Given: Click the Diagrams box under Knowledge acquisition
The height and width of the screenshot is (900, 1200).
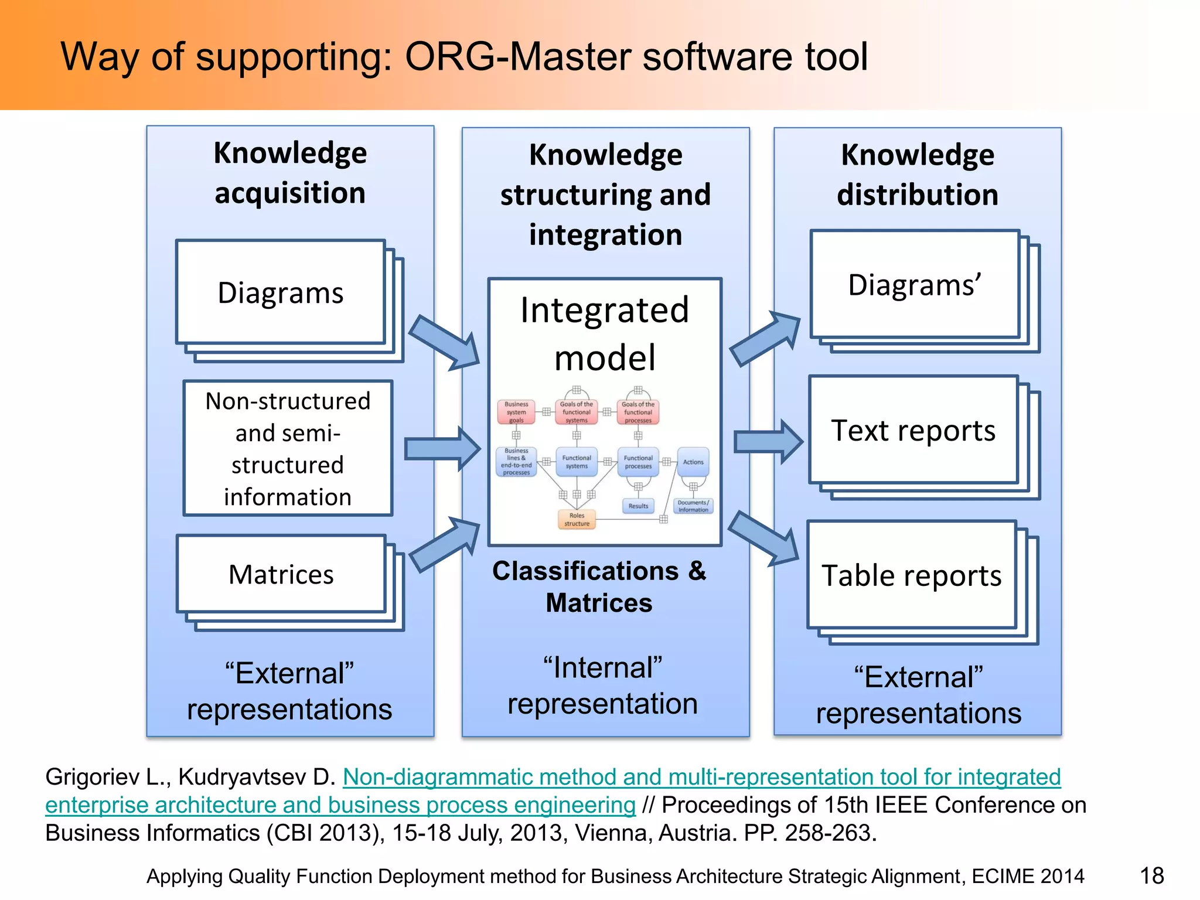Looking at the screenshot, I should tap(281, 292).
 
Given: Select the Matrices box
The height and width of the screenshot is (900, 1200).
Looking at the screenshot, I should tap(281, 574).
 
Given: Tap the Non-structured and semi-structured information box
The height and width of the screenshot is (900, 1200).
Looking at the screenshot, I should tap(288, 448).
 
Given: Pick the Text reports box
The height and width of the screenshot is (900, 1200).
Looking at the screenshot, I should tap(913, 431).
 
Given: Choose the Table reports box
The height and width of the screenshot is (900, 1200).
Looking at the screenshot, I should tap(911, 575).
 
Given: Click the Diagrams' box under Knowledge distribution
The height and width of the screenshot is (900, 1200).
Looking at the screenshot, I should tap(915, 285).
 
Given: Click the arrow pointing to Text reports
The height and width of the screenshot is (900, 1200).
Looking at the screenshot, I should tap(768, 441).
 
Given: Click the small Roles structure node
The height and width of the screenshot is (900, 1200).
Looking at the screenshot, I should tap(577, 520).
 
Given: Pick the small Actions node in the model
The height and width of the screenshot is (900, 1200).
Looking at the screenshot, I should tap(693, 462).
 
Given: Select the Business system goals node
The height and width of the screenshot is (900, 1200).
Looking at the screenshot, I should tap(516, 412).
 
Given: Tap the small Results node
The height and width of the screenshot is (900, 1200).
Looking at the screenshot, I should tap(638, 506).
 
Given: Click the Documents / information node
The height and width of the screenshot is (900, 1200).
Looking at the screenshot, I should tap(693, 506).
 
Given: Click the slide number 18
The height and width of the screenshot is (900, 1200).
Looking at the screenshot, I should tap(1151, 876).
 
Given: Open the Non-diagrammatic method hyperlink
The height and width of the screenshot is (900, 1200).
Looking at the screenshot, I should tap(701, 777).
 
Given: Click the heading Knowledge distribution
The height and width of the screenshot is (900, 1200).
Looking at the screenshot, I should tap(918, 175).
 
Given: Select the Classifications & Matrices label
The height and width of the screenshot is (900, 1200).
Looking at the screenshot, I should tap(599, 587).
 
